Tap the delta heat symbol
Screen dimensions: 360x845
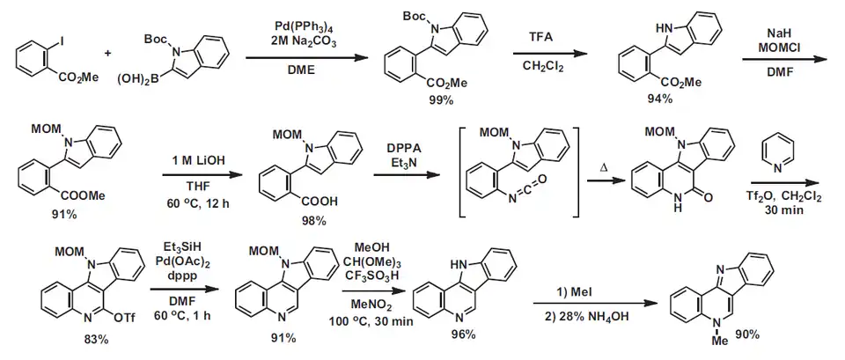point(601,165)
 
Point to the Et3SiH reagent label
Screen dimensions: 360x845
point(179,249)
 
